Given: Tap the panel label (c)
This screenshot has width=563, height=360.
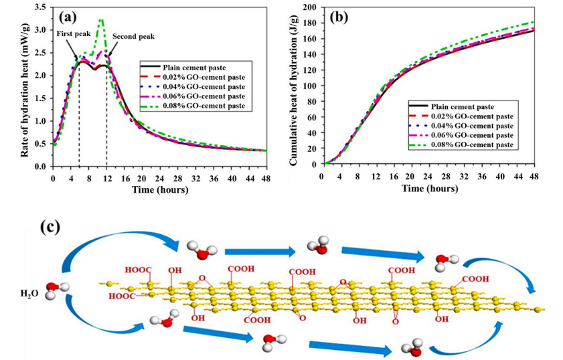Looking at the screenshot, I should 50,226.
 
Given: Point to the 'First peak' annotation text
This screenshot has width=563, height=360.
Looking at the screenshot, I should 72,38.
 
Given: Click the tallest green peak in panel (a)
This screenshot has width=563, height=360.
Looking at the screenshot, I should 101,20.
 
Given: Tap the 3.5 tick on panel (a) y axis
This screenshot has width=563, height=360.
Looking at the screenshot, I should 42,7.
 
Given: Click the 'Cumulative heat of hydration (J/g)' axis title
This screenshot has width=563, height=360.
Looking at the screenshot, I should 293,86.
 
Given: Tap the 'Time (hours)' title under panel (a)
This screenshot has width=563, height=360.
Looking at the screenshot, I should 159,189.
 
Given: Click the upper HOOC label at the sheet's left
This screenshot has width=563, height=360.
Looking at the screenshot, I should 137,271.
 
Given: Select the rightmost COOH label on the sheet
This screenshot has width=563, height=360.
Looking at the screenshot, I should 474,279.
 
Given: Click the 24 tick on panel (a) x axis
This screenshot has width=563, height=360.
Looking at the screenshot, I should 159,179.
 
